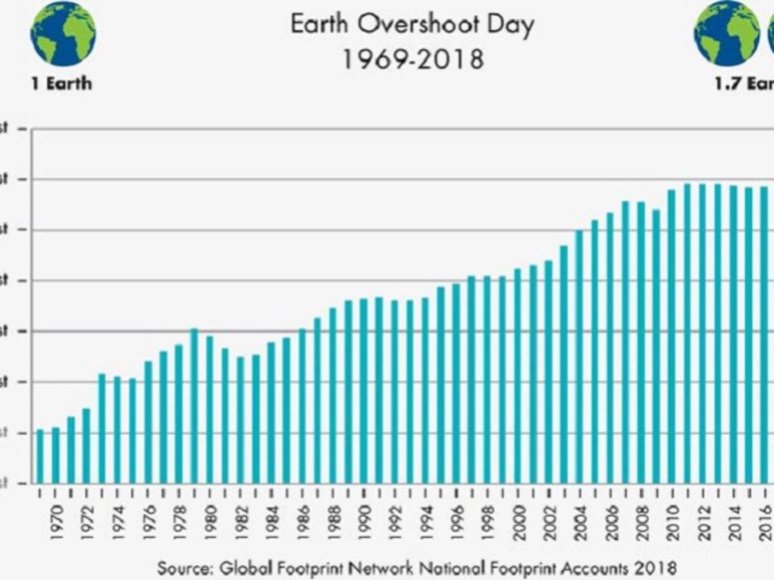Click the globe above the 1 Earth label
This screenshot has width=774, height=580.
pos(63,34)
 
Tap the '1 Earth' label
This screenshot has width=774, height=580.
pos(62,84)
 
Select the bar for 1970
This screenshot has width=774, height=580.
pos(55,455)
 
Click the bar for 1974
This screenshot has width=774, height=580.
pos(117,429)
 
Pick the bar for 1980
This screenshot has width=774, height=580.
pos(210,409)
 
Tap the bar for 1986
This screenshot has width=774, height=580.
pos(302,406)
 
